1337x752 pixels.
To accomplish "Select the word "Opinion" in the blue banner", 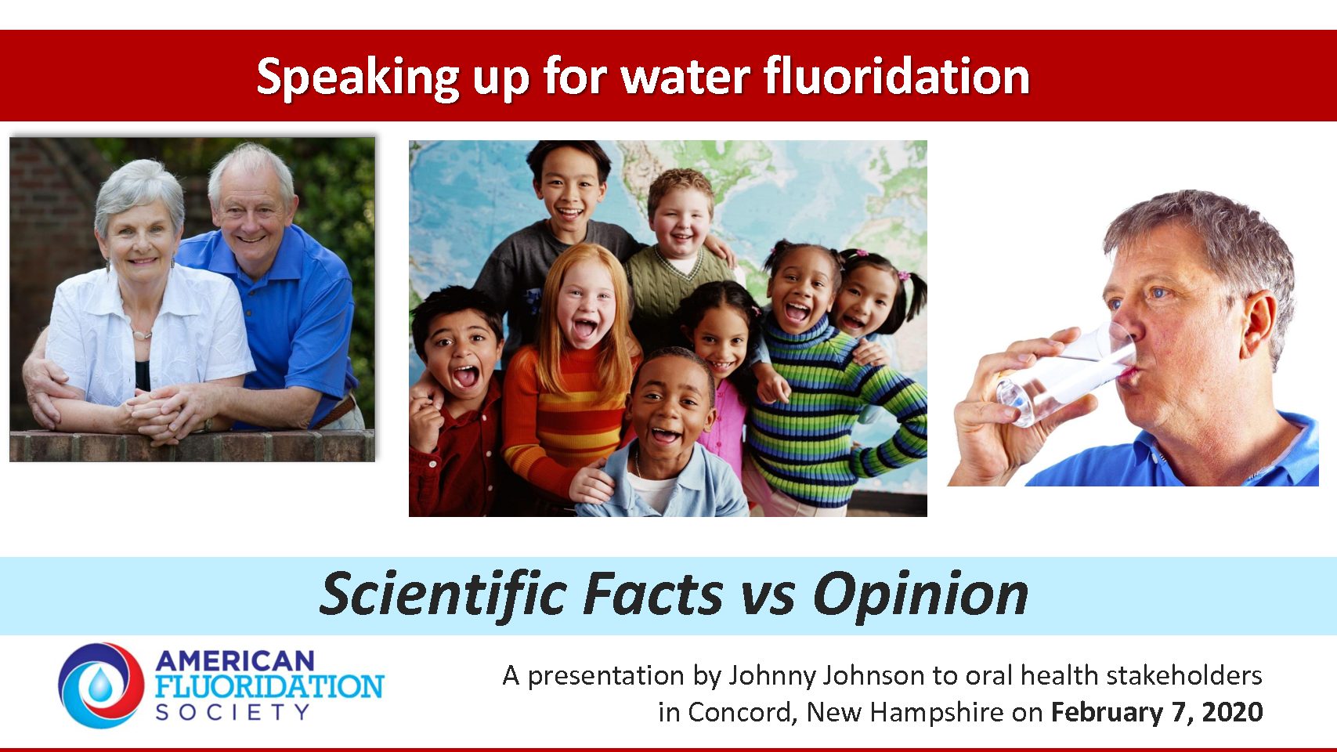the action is pyautogui.click(x=921, y=596).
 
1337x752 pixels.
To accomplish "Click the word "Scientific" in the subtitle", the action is pyautogui.click(x=443, y=595).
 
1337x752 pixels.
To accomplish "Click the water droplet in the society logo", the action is pyautogui.click(x=99, y=685).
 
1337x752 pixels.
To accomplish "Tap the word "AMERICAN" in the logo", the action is pyautogui.click(x=234, y=660).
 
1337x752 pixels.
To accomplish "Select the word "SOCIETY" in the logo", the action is pyautogui.click(x=233, y=712).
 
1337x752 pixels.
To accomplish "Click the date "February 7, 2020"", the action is pyautogui.click(x=1157, y=712).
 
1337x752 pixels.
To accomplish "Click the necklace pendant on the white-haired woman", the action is pyautogui.click(x=141, y=335).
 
